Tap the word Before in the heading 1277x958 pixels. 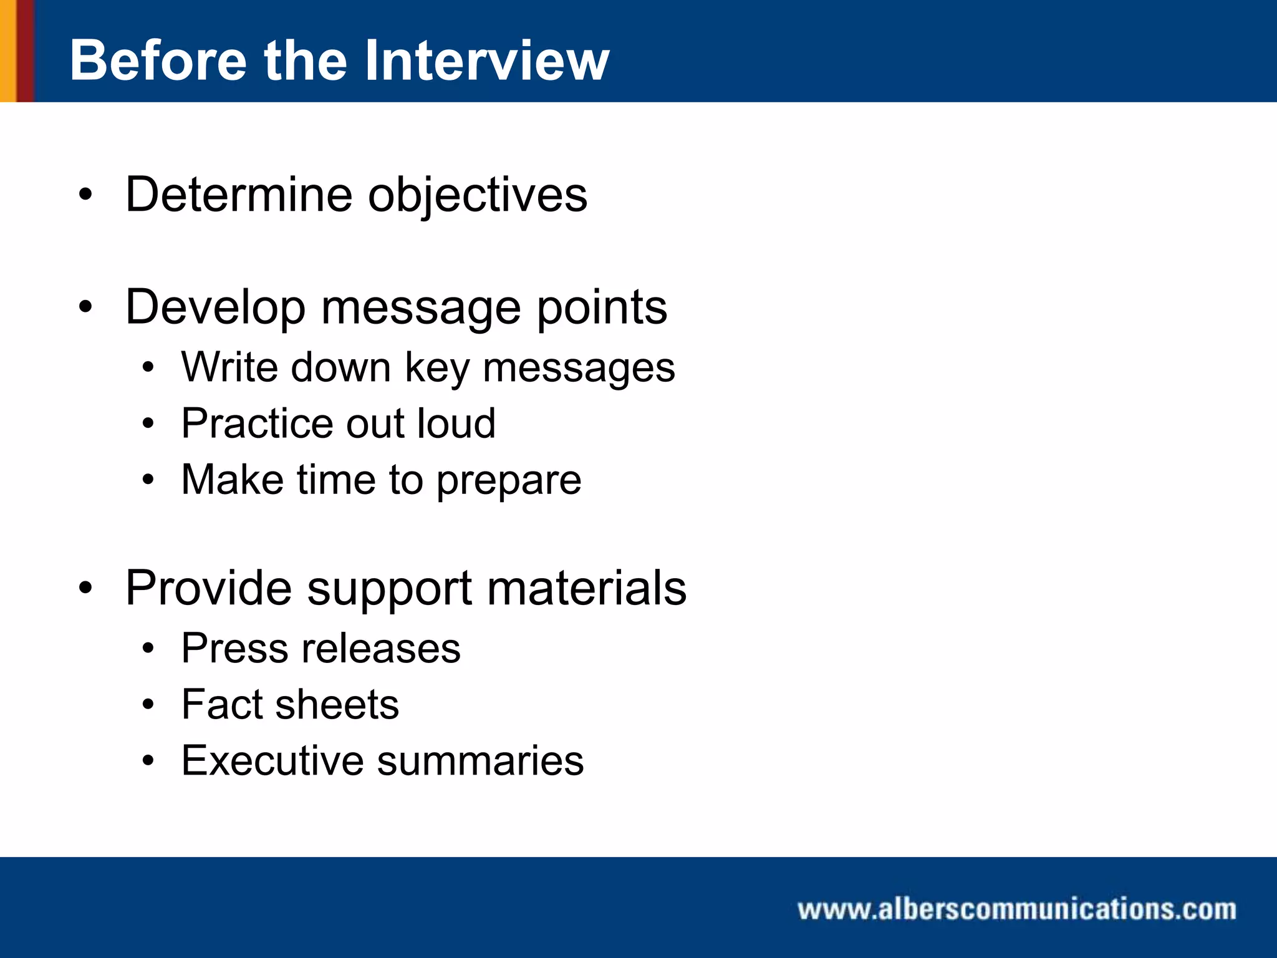tap(158, 60)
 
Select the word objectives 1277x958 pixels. tap(477, 196)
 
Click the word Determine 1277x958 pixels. tap(239, 195)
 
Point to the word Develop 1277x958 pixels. tap(215, 308)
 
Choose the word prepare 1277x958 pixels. tap(508, 481)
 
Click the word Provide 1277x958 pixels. tap(208, 588)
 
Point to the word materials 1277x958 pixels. tap(586, 588)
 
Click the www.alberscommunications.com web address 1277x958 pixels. tap(1016, 909)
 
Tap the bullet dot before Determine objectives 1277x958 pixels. tap(85, 195)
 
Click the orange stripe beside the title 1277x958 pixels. tap(7, 51)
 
